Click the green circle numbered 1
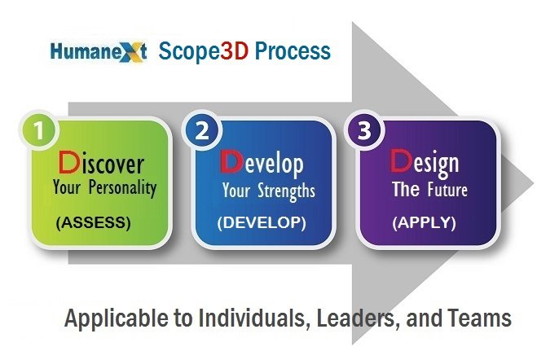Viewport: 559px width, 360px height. click(x=39, y=130)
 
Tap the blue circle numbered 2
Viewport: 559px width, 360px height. click(x=202, y=130)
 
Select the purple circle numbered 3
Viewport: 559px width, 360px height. click(x=364, y=130)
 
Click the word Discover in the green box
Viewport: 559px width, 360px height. click(x=101, y=163)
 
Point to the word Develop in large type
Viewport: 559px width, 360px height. click(x=262, y=164)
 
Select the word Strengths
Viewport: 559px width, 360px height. click(x=286, y=191)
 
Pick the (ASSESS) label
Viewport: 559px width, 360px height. click(x=94, y=223)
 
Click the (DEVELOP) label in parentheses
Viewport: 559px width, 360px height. click(x=262, y=223)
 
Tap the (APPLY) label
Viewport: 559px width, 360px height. click(x=424, y=223)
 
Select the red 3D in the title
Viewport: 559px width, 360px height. click(x=234, y=50)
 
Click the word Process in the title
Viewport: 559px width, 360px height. click(x=293, y=50)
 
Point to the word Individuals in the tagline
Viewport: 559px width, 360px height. click(x=253, y=318)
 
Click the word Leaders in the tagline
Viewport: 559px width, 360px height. click(x=357, y=318)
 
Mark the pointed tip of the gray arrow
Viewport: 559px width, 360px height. click(x=534, y=183)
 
